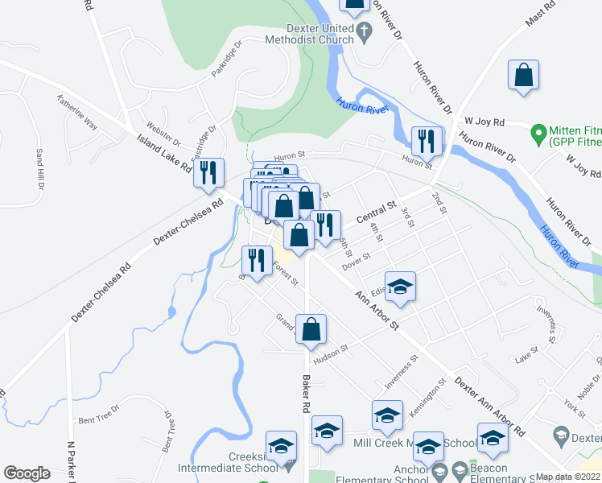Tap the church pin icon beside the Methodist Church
tap(364, 33)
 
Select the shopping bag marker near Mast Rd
tap(523, 76)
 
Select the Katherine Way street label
tap(77, 114)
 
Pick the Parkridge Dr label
tap(226, 60)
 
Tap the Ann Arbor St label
tap(377, 309)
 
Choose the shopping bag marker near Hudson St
tap(312, 328)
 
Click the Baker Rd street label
tap(306, 393)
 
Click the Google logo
tap(27, 473)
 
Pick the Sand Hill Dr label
tap(39, 169)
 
